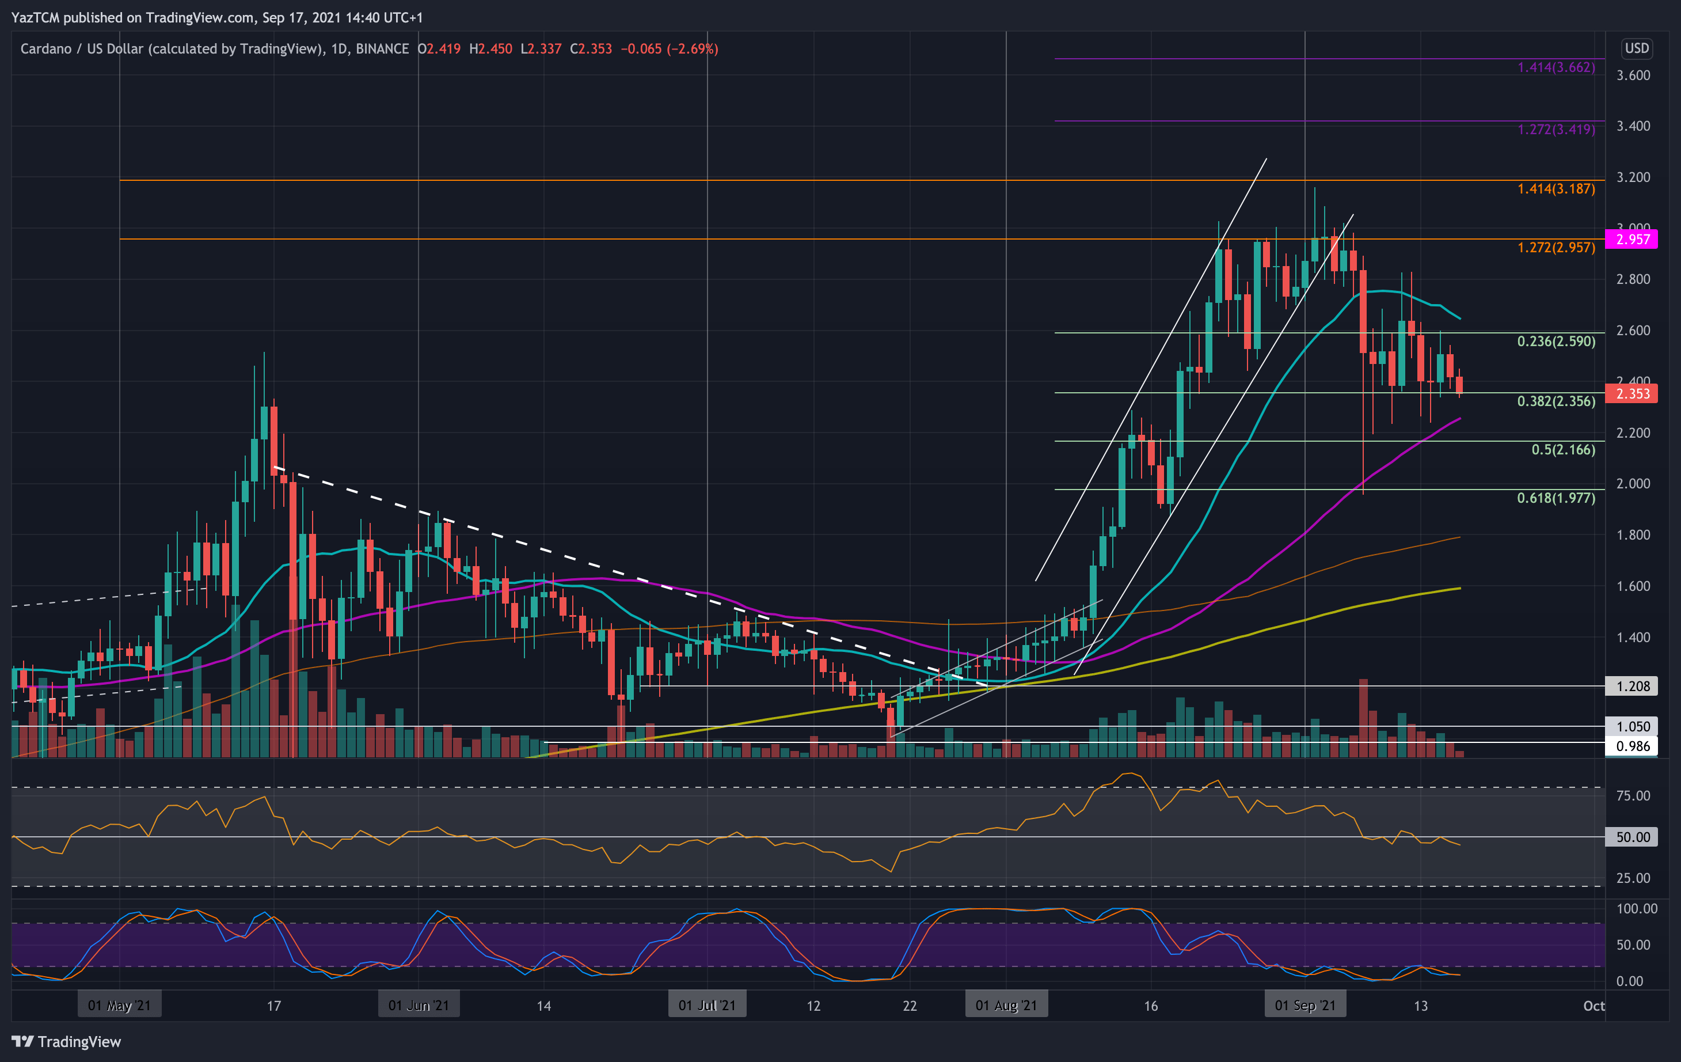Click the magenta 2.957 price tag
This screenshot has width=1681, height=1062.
(1632, 239)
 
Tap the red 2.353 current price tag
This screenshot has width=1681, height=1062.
(1632, 394)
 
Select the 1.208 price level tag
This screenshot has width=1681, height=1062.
(1632, 686)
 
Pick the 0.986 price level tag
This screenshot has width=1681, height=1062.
(1632, 746)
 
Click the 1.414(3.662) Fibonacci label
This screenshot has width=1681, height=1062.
(1556, 68)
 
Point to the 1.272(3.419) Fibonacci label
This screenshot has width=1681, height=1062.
(1556, 129)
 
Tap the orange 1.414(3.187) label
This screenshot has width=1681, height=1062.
(1556, 189)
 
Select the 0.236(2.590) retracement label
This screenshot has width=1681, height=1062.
(1556, 342)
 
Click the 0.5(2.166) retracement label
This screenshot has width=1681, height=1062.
(1562, 450)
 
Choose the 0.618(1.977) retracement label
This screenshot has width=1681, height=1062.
(1556, 498)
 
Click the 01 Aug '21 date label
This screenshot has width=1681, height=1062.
(1006, 1006)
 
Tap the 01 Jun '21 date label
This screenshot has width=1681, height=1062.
(418, 1006)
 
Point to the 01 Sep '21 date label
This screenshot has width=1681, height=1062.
(1305, 1006)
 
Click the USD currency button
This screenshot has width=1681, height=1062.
(1636, 48)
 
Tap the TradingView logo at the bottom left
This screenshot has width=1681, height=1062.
(66, 1042)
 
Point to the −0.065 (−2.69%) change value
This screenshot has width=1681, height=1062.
(669, 49)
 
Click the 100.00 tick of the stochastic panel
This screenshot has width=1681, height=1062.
(1636, 908)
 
